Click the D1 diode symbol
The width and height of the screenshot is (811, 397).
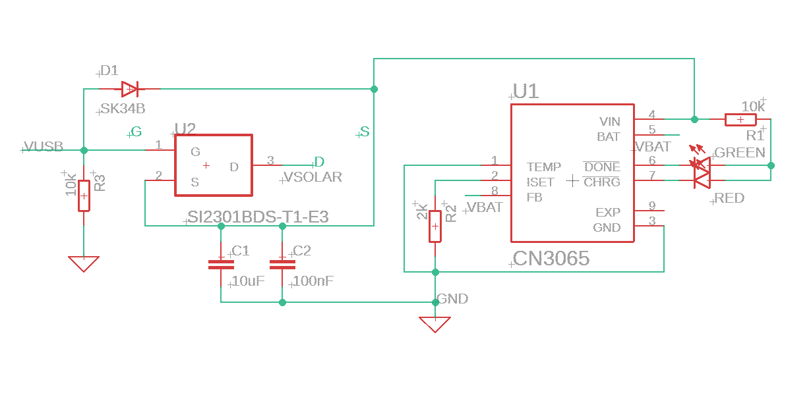129,88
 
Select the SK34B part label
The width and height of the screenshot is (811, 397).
123,109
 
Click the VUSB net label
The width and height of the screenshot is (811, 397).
44,147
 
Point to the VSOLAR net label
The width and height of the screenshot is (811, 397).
313,177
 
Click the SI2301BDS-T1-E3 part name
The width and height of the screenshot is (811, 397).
258,217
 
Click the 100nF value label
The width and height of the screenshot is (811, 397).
312,281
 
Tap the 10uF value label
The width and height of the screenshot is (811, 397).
249,281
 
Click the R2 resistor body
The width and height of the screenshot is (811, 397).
435,226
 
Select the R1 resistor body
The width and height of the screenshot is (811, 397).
740,119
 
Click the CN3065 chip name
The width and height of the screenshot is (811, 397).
551,259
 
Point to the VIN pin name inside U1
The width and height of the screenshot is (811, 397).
609,122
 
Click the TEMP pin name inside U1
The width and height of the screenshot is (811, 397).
544,167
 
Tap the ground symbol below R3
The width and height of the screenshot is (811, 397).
84,263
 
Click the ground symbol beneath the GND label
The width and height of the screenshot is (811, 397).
435,324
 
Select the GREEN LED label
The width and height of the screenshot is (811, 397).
740,153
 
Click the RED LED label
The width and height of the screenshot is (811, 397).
729,198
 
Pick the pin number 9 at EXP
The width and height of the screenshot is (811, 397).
651,206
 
